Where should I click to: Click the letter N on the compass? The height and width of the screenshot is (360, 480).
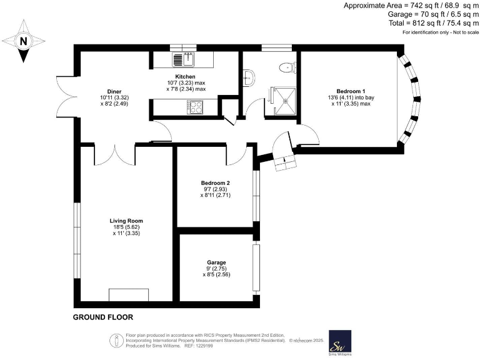click(23, 41)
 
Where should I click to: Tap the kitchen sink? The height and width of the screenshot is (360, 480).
click(183, 59)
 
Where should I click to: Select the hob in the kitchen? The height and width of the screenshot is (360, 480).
click(195, 107)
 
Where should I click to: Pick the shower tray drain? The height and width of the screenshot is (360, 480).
click(286, 101)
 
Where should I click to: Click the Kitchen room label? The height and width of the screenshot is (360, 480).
click(185, 76)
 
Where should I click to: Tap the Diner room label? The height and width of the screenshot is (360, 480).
click(114, 91)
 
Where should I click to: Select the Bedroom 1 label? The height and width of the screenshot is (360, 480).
click(351, 91)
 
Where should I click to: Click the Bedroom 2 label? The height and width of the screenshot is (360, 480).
click(216, 183)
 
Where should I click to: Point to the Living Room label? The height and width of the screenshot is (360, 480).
click(126, 221)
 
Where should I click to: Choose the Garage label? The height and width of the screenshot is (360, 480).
click(216, 262)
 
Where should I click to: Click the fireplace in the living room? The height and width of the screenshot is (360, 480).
click(129, 295)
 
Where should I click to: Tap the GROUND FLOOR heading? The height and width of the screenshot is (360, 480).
click(103, 317)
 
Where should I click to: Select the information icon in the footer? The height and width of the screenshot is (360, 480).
click(116, 341)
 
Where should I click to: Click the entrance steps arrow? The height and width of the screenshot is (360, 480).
click(285, 159)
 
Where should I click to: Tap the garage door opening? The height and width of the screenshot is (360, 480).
click(256, 268)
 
